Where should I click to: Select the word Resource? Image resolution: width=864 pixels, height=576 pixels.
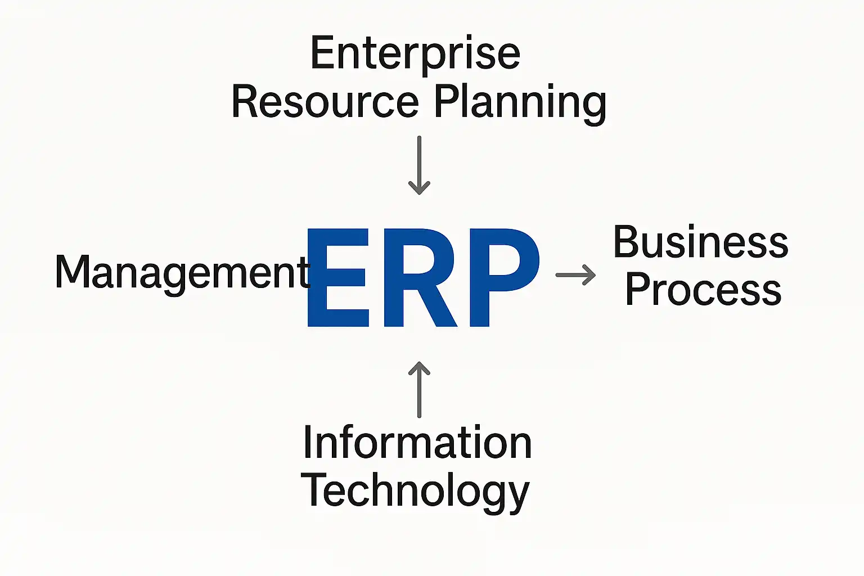click(325, 102)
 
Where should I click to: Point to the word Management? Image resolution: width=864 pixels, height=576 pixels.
click(182, 272)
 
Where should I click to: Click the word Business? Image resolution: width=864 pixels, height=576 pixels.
click(700, 242)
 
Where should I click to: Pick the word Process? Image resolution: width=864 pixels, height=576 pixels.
click(703, 290)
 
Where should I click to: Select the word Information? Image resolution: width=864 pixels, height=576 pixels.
click(417, 443)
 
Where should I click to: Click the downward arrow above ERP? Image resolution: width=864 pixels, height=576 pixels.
click(419, 165)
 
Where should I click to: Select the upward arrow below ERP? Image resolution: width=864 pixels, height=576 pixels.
click(419, 389)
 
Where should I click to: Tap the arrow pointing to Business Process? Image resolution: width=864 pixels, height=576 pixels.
click(575, 275)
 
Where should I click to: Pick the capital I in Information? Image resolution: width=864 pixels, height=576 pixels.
click(307, 442)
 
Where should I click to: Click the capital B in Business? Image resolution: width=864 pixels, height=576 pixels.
click(628, 242)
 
